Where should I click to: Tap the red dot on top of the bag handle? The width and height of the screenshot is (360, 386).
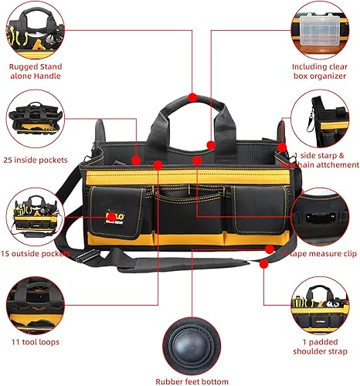click(191, 97)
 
